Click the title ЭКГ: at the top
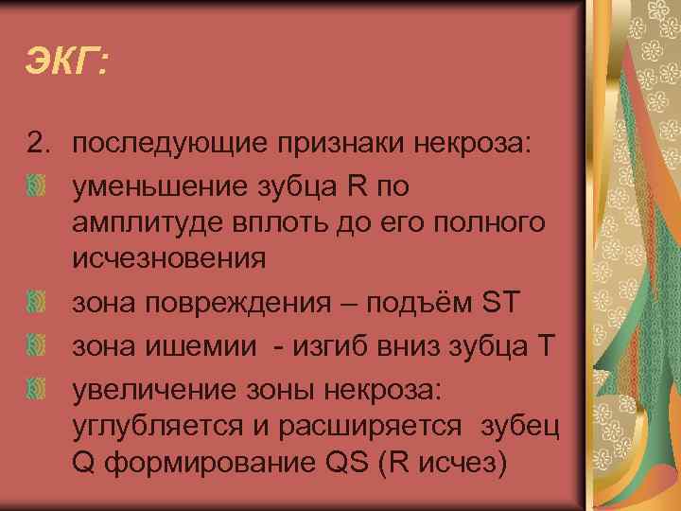pyautogui.click(x=67, y=64)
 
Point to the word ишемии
pyautogui.click(x=195, y=345)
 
